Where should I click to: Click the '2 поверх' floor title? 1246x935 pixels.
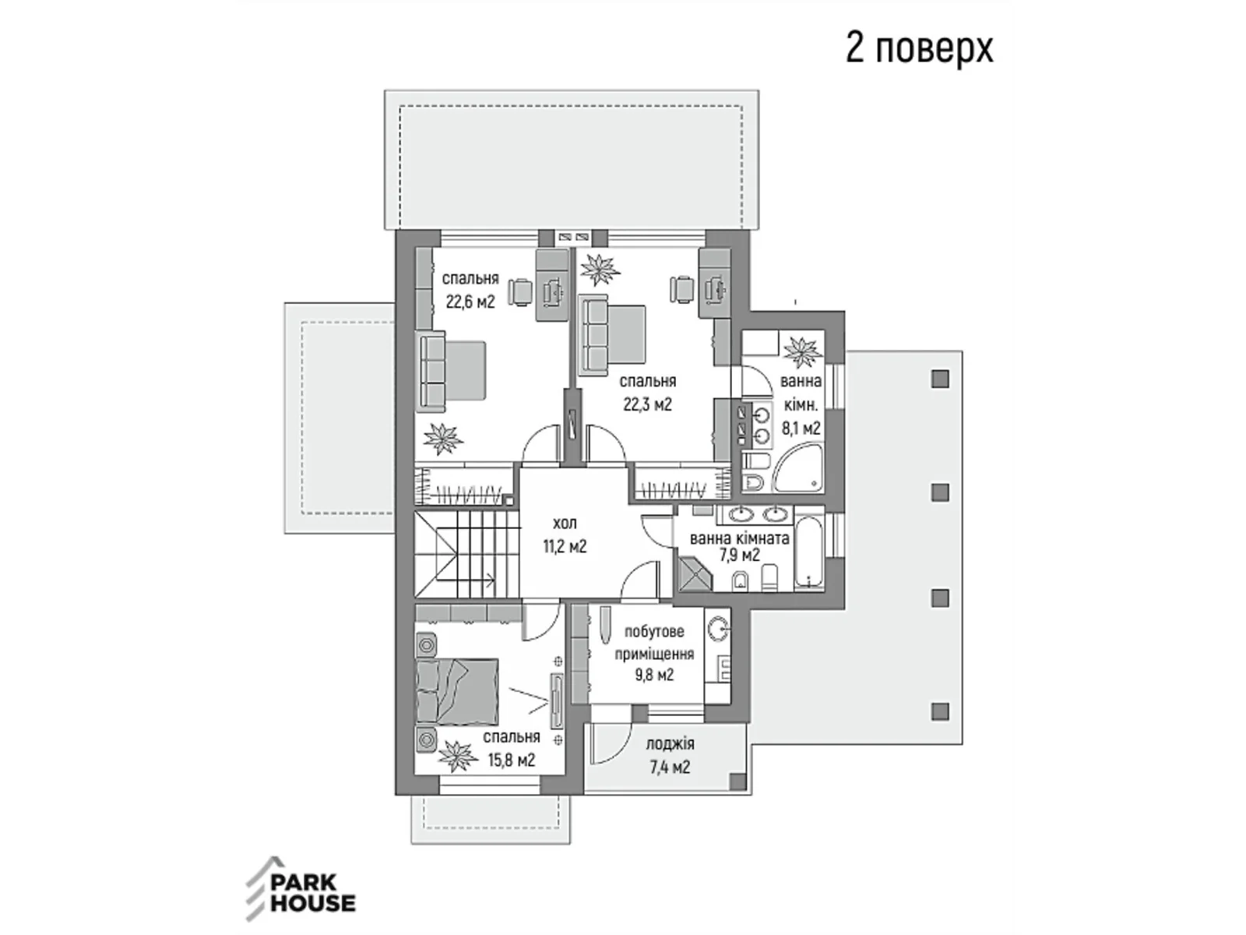919,48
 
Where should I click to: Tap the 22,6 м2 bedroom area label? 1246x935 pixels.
470,290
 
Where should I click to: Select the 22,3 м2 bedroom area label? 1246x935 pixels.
647,393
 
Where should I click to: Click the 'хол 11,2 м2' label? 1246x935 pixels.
565,534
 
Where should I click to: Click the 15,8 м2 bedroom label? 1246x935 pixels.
511,748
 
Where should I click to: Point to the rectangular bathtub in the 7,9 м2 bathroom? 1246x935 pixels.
809,549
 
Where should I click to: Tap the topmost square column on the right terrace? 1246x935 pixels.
941,379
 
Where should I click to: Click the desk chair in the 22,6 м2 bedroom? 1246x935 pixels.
520,291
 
